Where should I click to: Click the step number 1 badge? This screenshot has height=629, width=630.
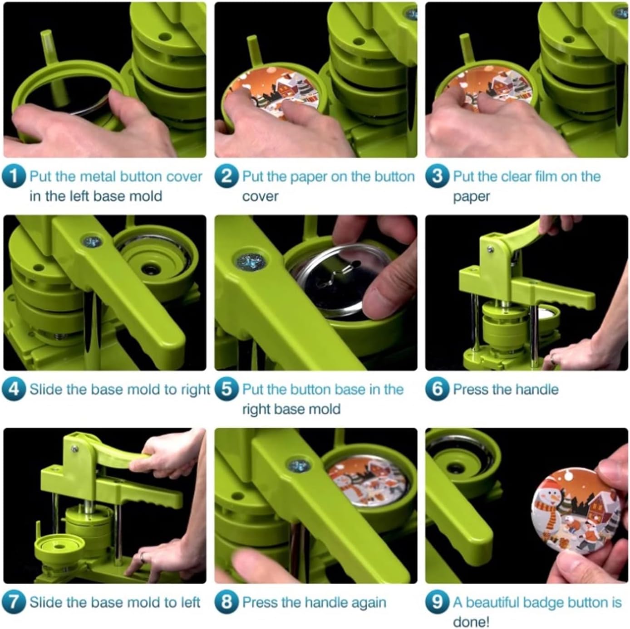pyautogui.click(x=14, y=177)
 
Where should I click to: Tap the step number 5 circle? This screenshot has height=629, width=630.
pyautogui.click(x=226, y=390)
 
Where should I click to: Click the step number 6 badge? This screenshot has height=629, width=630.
pyautogui.click(x=438, y=390)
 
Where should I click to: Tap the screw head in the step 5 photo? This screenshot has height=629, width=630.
pyautogui.click(x=251, y=262)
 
